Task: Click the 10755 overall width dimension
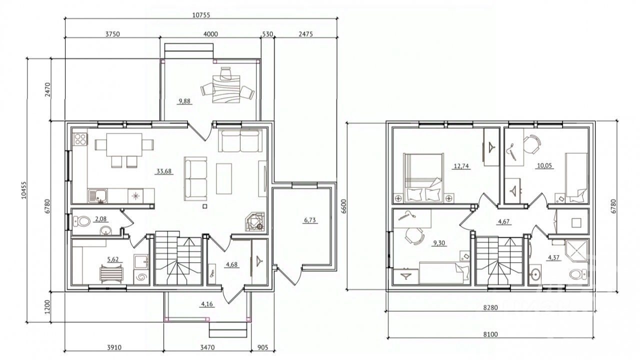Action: click(201, 15)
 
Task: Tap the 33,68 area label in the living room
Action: click(164, 171)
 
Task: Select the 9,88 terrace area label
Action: click(184, 101)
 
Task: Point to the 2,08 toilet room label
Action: click(100, 219)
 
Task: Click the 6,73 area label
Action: click(310, 220)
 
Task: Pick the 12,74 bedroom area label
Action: click(461, 166)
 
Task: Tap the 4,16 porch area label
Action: click(207, 303)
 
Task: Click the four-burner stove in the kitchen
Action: click(80, 139)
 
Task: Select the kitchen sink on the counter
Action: click(97, 196)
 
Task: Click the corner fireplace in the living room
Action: click(255, 221)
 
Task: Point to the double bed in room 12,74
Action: click(423, 177)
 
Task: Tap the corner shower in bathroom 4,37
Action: click(576, 251)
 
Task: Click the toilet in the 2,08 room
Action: click(81, 221)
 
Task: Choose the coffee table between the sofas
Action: click(224, 178)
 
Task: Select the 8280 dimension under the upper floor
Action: click(490, 307)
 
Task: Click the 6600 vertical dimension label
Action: click(343, 206)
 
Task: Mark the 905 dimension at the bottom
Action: click(263, 347)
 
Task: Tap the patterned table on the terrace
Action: click(226, 89)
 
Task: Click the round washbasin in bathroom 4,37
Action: click(535, 273)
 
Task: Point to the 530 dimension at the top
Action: click(267, 34)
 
